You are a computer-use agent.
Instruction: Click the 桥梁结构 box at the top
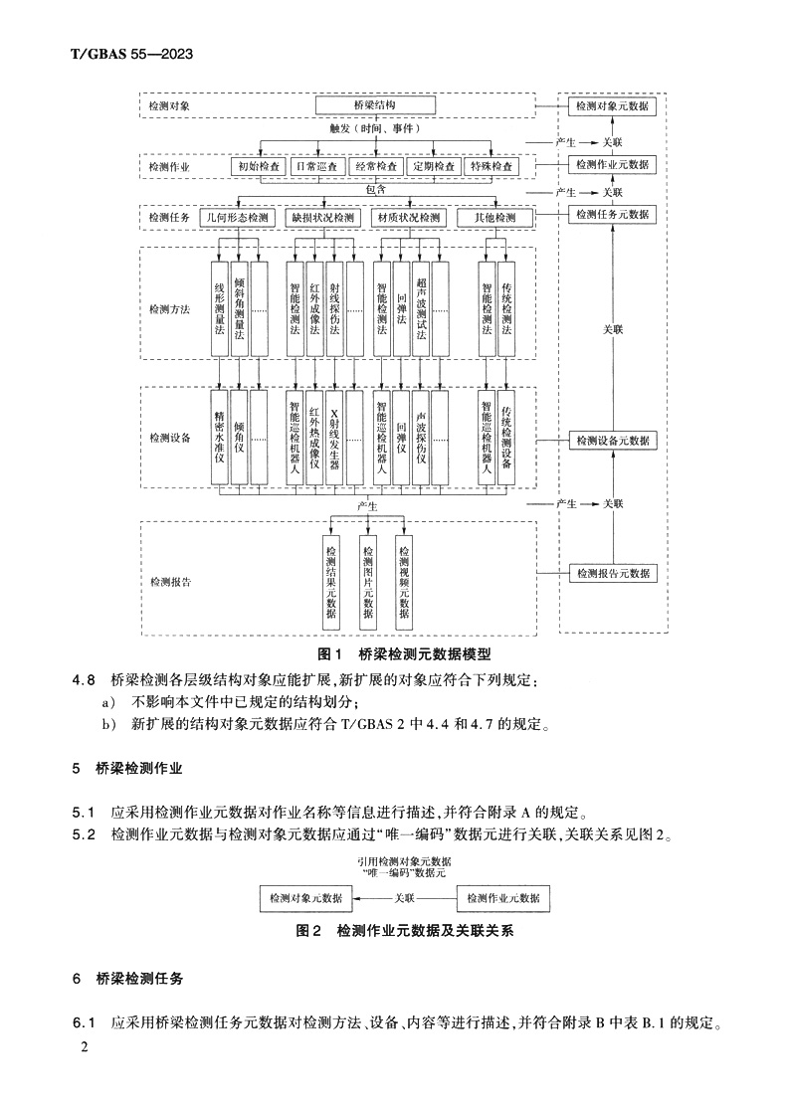click(376, 104)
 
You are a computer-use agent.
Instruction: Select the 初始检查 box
click(258, 166)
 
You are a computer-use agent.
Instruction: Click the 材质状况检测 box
click(406, 217)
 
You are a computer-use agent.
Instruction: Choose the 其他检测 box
click(494, 217)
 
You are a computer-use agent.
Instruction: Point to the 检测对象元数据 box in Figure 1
click(612, 104)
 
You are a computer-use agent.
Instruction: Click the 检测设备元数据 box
click(612, 440)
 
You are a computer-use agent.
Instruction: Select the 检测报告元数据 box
click(612, 573)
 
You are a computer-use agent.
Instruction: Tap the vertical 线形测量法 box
click(220, 307)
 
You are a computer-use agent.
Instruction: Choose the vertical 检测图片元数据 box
click(368, 581)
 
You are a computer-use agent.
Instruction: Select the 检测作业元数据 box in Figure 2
click(503, 897)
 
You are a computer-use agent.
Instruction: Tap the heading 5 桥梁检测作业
click(127, 769)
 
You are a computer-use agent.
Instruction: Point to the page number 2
click(85, 1048)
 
